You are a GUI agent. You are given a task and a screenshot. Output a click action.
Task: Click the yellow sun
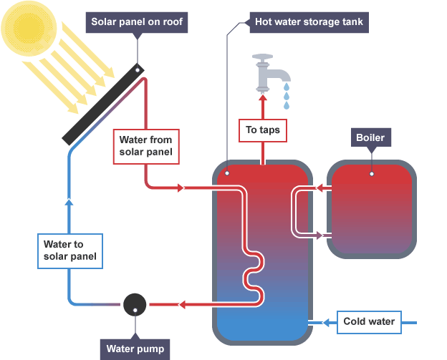click(27, 27)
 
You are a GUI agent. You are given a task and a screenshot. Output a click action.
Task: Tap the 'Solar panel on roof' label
click(138, 21)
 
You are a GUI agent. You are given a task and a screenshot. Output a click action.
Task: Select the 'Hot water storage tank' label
click(309, 21)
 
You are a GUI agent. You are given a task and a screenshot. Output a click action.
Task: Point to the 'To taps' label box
click(262, 130)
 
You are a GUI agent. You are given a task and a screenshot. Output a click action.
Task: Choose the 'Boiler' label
click(370, 137)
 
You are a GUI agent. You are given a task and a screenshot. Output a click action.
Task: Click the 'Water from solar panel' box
click(145, 145)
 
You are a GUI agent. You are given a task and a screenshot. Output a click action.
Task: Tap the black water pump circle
click(135, 304)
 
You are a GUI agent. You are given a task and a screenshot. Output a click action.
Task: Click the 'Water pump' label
click(135, 349)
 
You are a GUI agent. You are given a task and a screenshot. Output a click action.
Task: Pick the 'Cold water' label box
click(368, 321)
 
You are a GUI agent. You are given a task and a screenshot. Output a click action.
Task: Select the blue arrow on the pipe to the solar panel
click(69, 203)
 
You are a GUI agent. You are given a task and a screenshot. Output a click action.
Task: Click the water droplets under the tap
click(286, 94)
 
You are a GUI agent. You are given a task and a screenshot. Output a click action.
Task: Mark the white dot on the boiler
click(371, 173)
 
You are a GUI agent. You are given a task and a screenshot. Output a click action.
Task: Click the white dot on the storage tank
click(226, 173)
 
